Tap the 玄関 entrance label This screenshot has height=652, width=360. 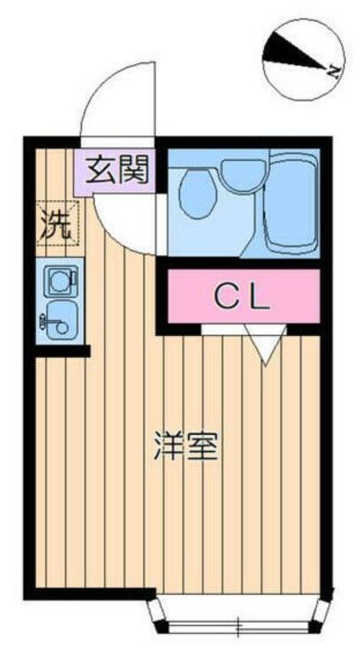(116, 170)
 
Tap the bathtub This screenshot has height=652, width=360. (291, 200)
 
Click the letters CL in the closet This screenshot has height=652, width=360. (242, 296)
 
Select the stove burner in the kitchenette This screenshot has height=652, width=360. (58, 281)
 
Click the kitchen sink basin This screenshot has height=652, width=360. (58, 323)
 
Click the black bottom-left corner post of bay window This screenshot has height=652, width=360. (160, 627)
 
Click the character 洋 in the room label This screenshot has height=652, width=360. (168, 446)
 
